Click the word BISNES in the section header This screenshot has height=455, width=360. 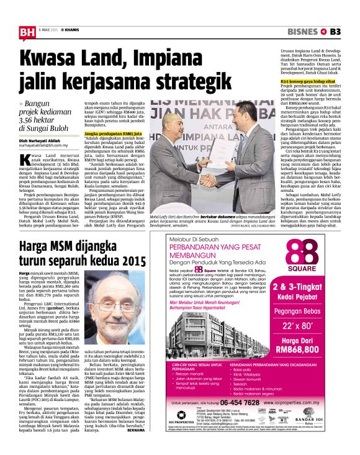point(303,32)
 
